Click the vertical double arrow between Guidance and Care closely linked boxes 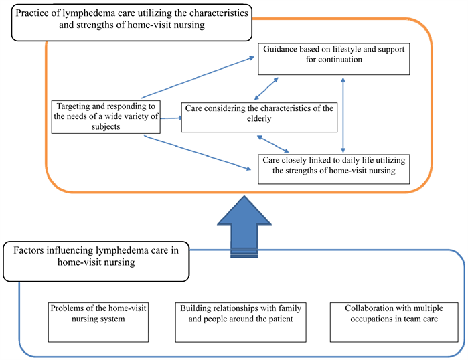tap(343, 114)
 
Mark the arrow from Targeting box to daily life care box tap(196, 153)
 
